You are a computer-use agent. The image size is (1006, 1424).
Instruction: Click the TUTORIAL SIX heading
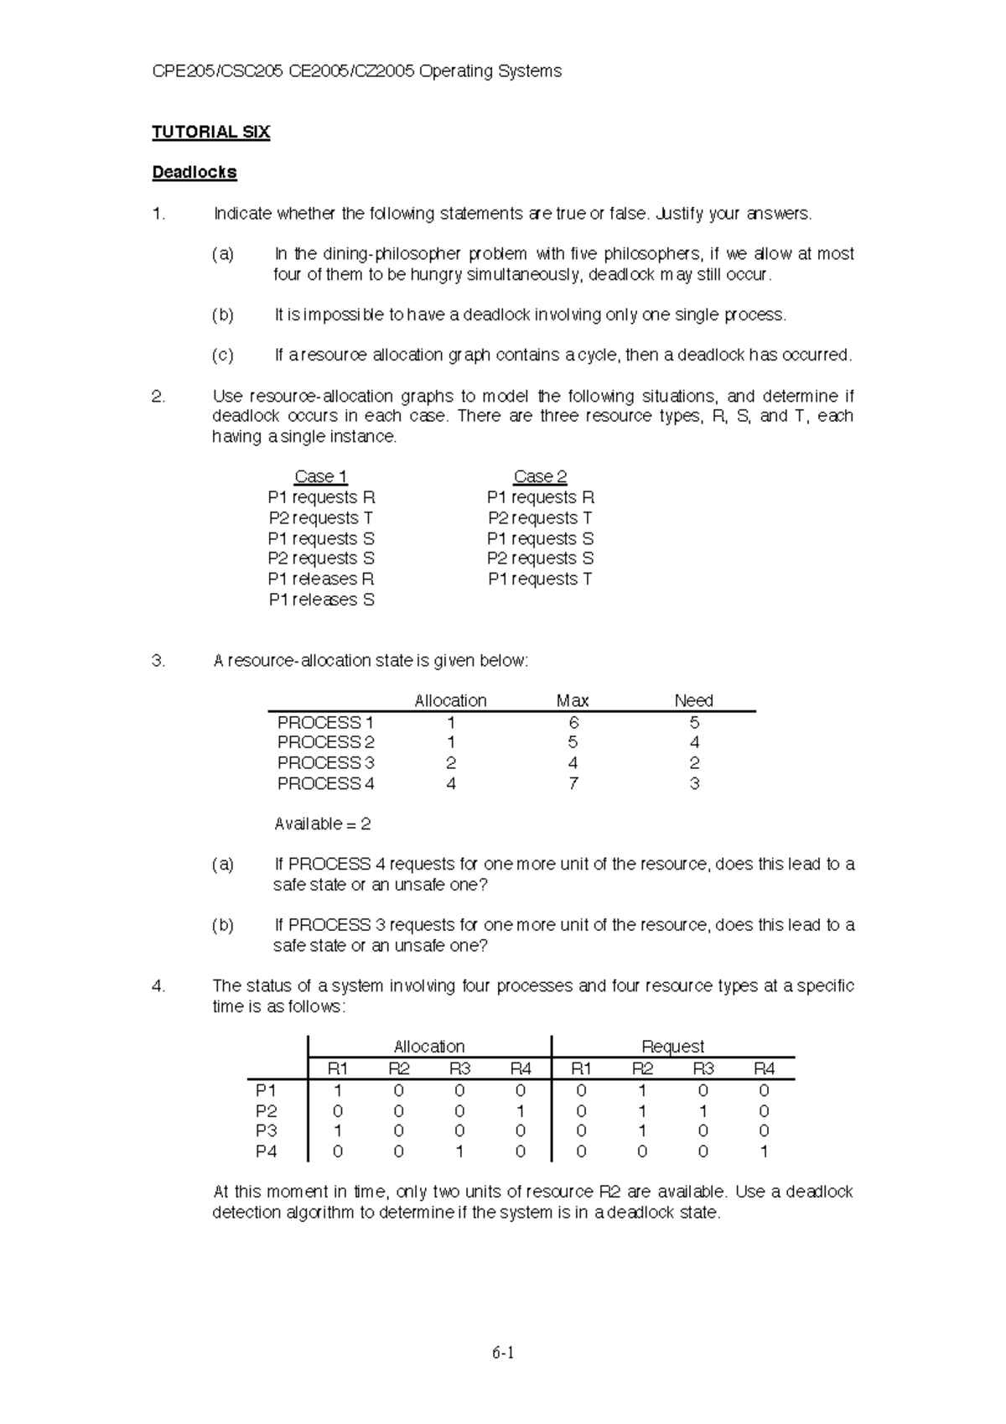pos(210,132)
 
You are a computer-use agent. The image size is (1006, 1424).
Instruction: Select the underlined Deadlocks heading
pos(194,172)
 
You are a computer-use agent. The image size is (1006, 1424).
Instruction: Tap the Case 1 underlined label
pos(320,476)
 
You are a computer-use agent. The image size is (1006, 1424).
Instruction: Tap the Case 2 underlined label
pos(540,476)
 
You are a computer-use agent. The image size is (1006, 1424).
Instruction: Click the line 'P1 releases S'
pos(321,600)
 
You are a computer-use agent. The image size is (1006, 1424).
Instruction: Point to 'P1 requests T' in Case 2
pos(540,579)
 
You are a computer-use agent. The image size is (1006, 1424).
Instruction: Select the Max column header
pos(573,700)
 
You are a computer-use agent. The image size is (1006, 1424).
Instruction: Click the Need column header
pos(693,700)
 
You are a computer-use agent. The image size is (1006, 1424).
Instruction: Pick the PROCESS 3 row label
pos(325,762)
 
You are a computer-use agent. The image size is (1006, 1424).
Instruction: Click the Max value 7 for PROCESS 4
pos(573,783)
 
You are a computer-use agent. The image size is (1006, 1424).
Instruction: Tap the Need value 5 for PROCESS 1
pos(694,722)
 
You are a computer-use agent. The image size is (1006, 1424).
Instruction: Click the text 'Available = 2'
pos(322,824)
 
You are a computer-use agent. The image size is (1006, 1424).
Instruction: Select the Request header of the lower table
pos(672,1046)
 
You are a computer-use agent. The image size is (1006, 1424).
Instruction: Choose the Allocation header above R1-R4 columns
pos(429,1046)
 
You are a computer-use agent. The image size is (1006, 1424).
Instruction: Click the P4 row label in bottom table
pos(266,1151)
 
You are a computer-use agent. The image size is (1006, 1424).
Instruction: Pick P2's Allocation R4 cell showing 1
pos(521,1111)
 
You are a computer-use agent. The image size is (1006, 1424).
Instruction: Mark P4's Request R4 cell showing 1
pos(764,1151)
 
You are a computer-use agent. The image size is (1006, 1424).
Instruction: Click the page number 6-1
pos(503,1352)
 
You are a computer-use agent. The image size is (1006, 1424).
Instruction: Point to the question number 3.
pos(158,660)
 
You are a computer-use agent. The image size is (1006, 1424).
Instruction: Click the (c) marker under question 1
pos(222,355)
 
